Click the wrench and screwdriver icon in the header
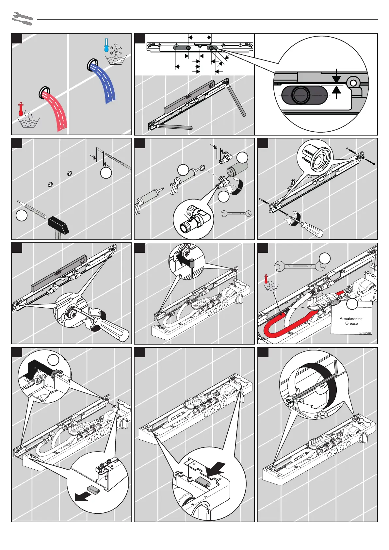[22, 19]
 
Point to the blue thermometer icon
[106, 45]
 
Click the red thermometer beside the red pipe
[21, 109]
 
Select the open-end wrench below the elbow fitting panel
[236, 214]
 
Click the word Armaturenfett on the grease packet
[351, 318]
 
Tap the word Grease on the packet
[351, 323]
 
